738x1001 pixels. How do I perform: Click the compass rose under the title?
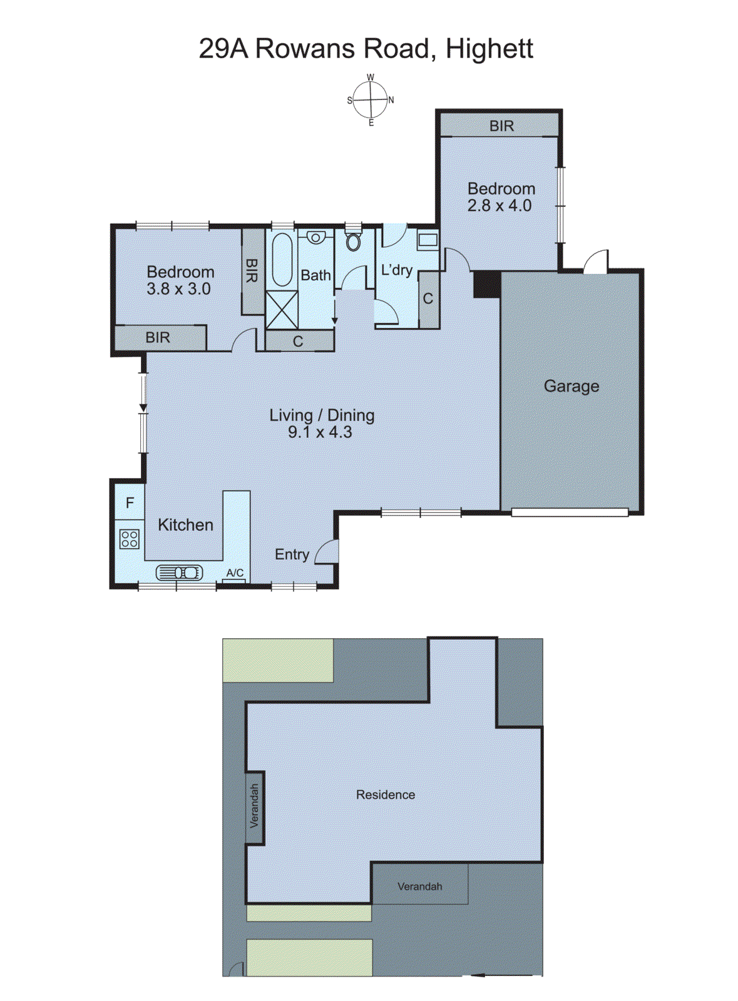click(x=371, y=100)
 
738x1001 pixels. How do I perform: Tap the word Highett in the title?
click(x=489, y=49)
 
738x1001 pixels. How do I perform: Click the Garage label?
click(x=571, y=386)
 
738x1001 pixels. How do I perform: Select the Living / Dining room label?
click(x=322, y=415)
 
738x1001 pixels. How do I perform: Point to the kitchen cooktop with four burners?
click(x=130, y=539)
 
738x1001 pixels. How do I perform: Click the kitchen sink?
click(x=180, y=572)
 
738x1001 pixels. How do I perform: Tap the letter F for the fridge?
click(x=130, y=502)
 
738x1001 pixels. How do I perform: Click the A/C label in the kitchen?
click(x=235, y=572)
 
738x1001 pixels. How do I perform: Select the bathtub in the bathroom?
click(x=282, y=259)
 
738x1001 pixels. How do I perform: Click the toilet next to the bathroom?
click(x=354, y=240)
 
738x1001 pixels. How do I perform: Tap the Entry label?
click(x=292, y=554)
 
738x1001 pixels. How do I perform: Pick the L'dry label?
click(x=397, y=270)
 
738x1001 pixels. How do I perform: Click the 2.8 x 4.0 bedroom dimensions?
click(x=500, y=206)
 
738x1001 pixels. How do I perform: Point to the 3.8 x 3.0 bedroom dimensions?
click(x=178, y=289)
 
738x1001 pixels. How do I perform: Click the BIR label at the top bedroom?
click(x=501, y=126)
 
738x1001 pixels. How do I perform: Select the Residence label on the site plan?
click(x=386, y=795)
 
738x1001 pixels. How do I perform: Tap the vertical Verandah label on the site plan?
click(x=254, y=806)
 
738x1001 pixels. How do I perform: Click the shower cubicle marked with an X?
click(x=281, y=309)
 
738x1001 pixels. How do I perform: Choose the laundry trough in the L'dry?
click(x=428, y=240)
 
